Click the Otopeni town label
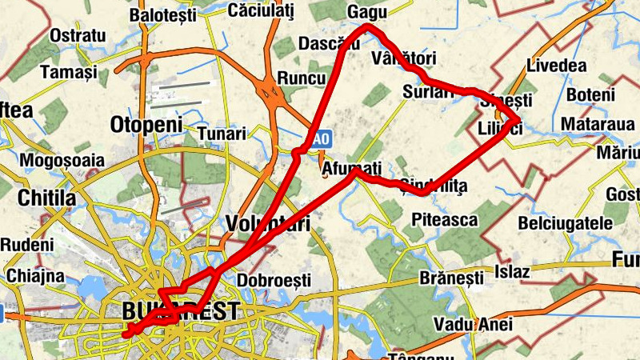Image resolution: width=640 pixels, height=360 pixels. click(146, 125)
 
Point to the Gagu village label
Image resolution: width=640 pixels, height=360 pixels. click(367, 12)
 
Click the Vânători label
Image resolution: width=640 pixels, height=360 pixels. click(404, 58)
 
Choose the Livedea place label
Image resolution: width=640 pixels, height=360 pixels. click(557, 66)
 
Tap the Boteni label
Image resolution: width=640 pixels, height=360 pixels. click(590, 94)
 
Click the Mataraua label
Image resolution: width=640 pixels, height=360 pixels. click(597, 124)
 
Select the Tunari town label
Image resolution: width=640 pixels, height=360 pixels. click(222, 133)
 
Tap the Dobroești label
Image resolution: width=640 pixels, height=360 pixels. click(274, 281)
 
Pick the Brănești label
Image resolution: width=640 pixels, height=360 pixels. click(451, 278)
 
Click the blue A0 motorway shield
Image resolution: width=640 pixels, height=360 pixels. click(321, 139)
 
